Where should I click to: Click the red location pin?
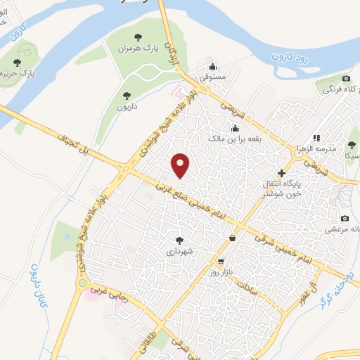click(181, 165)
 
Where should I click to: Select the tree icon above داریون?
click(127, 94)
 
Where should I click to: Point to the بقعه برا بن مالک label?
click(235, 139)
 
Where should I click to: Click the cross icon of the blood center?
click(282, 173)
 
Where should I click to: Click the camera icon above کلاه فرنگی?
click(346, 78)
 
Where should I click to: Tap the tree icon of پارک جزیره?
click(27, 62)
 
